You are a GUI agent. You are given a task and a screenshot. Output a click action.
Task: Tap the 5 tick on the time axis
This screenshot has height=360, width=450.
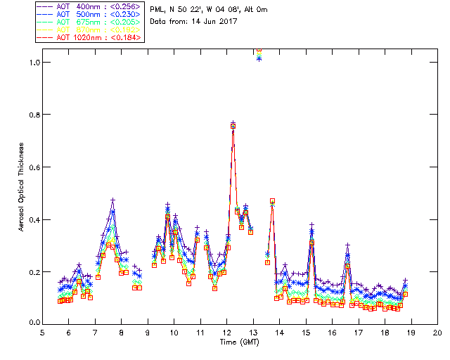(x=43, y=333)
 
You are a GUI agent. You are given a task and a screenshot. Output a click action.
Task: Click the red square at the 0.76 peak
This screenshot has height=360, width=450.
(x=233, y=126)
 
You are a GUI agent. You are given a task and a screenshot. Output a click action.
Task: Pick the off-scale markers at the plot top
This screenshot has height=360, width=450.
(x=259, y=53)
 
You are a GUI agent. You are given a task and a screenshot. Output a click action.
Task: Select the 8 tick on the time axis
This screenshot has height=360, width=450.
(x=122, y=333)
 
